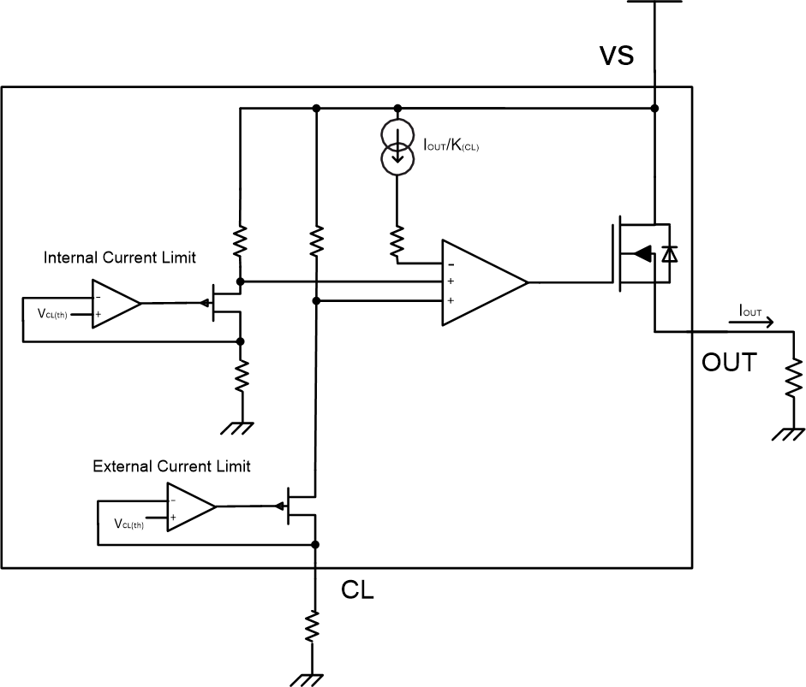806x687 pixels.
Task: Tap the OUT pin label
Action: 729,363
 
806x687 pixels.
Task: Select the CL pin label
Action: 358,590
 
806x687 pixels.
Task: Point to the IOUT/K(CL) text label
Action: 451,145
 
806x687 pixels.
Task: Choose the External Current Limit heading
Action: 171,466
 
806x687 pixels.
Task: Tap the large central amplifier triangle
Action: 480,282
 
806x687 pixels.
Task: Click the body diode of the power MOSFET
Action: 671,253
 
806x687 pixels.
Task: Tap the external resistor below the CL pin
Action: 314,627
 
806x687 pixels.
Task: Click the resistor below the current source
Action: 397,243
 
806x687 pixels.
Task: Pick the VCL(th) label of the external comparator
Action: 128,524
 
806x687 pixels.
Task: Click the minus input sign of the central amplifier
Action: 451,264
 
